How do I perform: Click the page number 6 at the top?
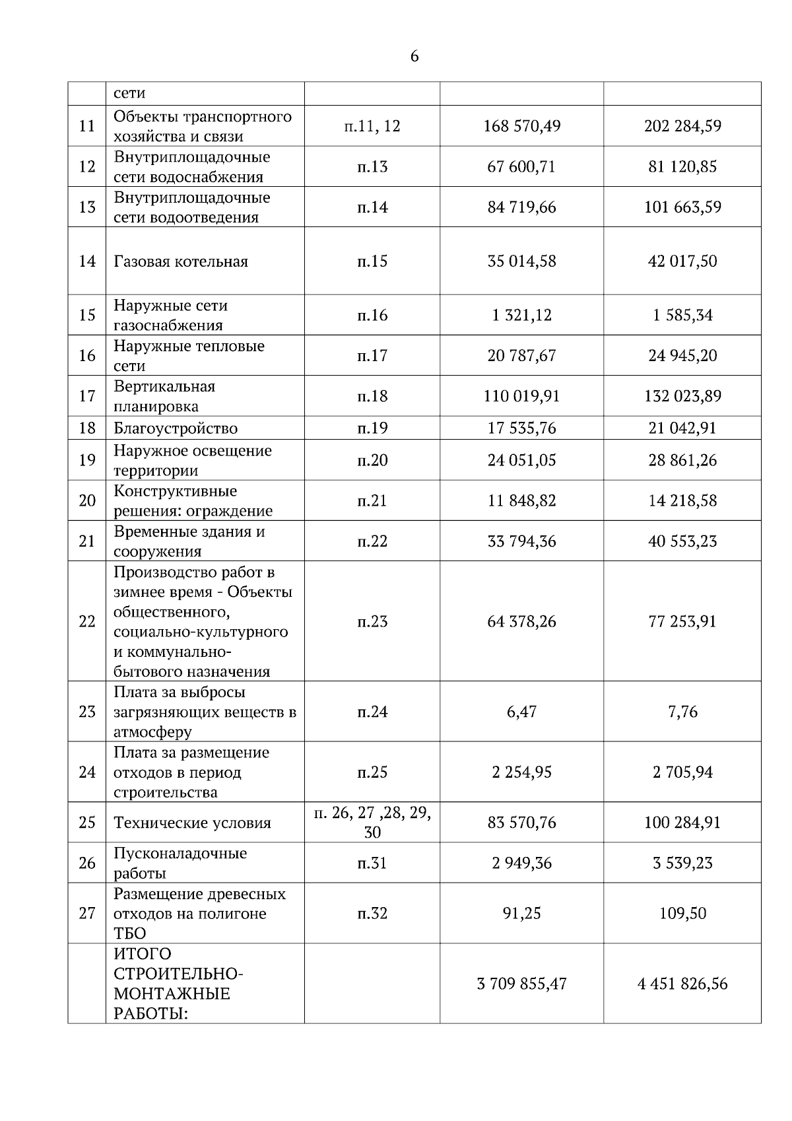pos(414,57)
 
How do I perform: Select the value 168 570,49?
pos(521,126)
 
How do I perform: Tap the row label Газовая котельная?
pos(181,261)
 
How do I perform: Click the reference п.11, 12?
pos(372,126)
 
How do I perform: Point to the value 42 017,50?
pos(682,261)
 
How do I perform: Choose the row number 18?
pos(87,428)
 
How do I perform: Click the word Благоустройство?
pos(176,428)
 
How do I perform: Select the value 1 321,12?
pos(521,316)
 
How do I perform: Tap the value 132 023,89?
pos(682,396)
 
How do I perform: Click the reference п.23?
pos(372,622)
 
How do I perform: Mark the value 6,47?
pos(521,712)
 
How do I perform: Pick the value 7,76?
pos(682,712)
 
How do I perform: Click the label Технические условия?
pos(192,823)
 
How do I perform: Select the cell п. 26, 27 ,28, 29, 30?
pos(372,823)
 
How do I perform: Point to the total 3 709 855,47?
pos(521,984)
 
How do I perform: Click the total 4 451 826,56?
pos(682,984)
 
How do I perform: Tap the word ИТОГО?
pos(143,955)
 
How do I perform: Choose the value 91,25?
pos(521,914)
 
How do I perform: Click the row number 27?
pos(87,914)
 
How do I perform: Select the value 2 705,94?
pos(682,772)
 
